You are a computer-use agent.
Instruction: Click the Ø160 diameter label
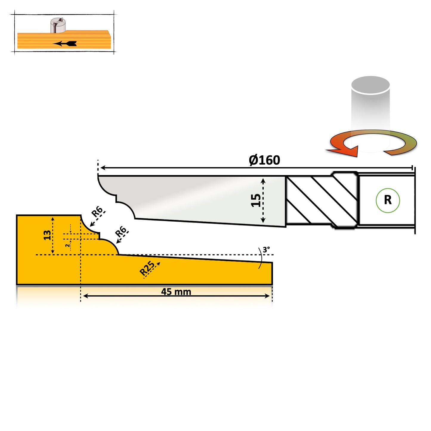click(x=264, y=160)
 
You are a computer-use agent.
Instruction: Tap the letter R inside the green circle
click(x=387, y=200)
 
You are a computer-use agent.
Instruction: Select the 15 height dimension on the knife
click(x=256, y=200)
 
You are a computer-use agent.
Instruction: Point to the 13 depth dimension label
click(x=47, y=235)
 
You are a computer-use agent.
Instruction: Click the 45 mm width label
click(x=176, y=291)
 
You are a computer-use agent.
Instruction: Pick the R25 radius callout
click(x=147, y=268)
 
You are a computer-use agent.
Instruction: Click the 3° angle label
click(x=266, y=249)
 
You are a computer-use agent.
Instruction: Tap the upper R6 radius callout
click(x=97, y=212)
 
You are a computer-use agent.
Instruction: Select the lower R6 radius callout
click(x=121, y=231)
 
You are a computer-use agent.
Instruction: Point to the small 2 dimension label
click(x=67, y=245)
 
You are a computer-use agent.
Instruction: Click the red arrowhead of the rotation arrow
click(x=346, y=151)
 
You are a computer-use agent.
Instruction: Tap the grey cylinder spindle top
click(x=370, y=85)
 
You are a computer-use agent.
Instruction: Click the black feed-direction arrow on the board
click(x=65, y=44)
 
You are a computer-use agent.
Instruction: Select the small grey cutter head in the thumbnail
click(x=58, y=25)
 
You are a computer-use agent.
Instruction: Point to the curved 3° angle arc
click(x=260, y=258)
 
